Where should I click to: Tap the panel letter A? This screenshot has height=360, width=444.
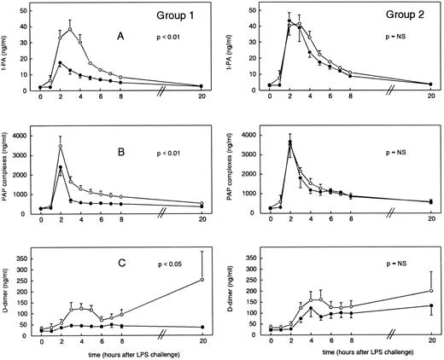pos(126,36)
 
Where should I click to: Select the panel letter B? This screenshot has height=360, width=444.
pos(126,154)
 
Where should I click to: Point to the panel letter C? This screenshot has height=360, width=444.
pos(126,264)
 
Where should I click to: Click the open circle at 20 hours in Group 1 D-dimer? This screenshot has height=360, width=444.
pos(202,280)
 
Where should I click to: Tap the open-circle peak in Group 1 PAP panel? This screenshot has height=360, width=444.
pos(60,147)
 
